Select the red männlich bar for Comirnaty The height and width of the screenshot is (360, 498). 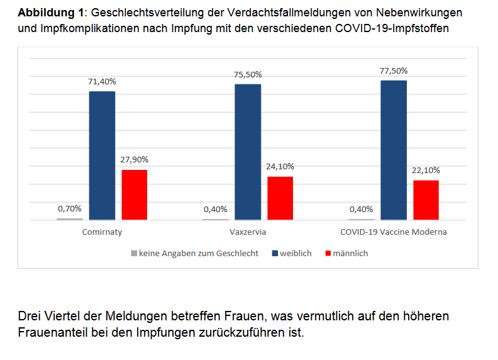pyautogui.click(x=134, y=194)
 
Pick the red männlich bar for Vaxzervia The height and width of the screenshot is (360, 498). pyautogui.click(x=280, y=198)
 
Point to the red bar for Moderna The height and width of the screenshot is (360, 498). pyautogui.click(x=426, y=200)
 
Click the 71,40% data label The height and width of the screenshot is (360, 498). pyautogui.click(x=102, y=82)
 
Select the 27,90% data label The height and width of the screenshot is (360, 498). pyautogui.click(x=134, y=160)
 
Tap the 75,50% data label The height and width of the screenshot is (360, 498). pyautogui.click(x=248, y=74)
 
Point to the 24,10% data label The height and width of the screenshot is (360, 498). pyautogui.click(x=280, y=167)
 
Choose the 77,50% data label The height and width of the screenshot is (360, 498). pyautogui.click(x=394, y=71)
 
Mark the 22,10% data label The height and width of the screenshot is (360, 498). pyautogui.click(x=426, y=170)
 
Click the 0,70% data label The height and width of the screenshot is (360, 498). pyautogui.click(x=69, y=208)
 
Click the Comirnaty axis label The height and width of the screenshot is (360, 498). pyautogui.click(x=102, y=232)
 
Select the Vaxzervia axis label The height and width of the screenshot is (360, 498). pyautogui.click(x=248, y=232)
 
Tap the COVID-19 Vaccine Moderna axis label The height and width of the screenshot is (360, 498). pyautogui.click(x=394, y=232)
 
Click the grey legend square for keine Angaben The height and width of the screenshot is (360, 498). pyautogui.click(x=133, y=254)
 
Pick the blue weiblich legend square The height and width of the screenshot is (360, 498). pyautogui.click(x=275, y=254)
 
